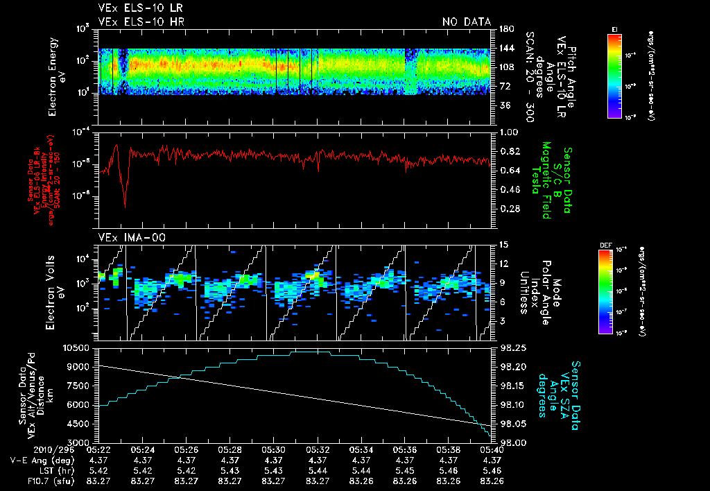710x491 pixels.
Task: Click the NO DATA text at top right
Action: (467, 21)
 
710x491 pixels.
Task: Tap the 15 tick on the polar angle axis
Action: (503, 244)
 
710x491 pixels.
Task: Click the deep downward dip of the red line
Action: (125, 206)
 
